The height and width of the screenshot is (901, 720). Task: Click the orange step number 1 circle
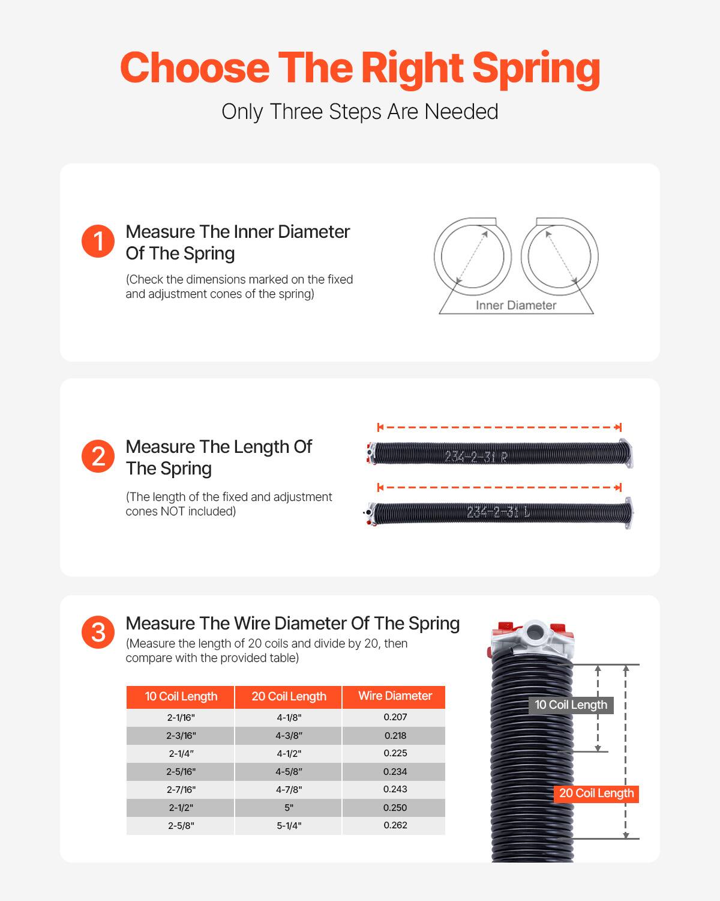pos(98,241)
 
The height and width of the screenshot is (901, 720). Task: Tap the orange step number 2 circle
pos(98,457)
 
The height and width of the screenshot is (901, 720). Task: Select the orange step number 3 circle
pos(98,633)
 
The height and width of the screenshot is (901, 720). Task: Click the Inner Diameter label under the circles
pos(516,305)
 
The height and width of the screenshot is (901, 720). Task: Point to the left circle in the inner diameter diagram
pos(472,256)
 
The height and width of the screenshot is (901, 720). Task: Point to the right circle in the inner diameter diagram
pos(559,256)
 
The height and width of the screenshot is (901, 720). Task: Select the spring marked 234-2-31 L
pos(501,513)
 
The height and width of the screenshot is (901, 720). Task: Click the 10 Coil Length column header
pos(181,697)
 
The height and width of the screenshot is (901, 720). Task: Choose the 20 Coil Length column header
pos(289,697)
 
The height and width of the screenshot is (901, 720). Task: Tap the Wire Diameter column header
pos(395,696)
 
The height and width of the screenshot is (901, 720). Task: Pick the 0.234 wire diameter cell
pos(395,772)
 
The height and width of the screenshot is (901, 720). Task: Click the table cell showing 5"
pos(289,808)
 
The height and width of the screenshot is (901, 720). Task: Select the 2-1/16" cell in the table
pos(181,717)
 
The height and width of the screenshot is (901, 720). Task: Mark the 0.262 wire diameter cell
pos(395,825)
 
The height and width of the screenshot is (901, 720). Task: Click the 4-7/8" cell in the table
pos(289,790)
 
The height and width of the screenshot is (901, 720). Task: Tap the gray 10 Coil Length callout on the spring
pos(571,705)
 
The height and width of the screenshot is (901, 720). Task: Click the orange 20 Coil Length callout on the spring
pos(596,793)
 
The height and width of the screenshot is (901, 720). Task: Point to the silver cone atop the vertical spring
pos(531,642)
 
